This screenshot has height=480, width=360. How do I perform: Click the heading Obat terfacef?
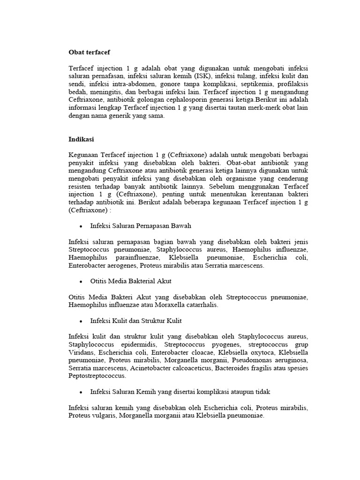(x=89, y=52)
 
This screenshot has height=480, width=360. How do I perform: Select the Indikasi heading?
(x=81, y=139)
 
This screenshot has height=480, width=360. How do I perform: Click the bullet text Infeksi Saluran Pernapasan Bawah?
(x=141, y=226)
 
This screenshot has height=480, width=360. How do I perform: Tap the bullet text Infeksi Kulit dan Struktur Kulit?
(x=136, y=321)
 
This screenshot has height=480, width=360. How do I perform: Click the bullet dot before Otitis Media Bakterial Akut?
(x=81, y=281)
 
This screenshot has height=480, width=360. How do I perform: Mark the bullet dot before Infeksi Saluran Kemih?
(x=81, y=391)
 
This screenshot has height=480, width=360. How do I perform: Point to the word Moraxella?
(x=179, y=305)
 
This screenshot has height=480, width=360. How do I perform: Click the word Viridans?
(x=81, y=352)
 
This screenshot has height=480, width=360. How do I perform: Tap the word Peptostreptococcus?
(x=97, y=376)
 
